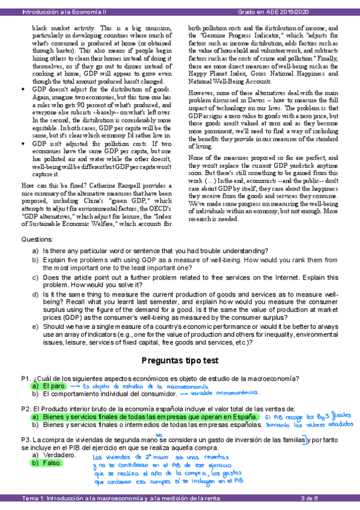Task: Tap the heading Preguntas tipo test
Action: [180, 361]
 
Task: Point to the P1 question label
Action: [26, 378]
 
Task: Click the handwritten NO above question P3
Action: [159, 434]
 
